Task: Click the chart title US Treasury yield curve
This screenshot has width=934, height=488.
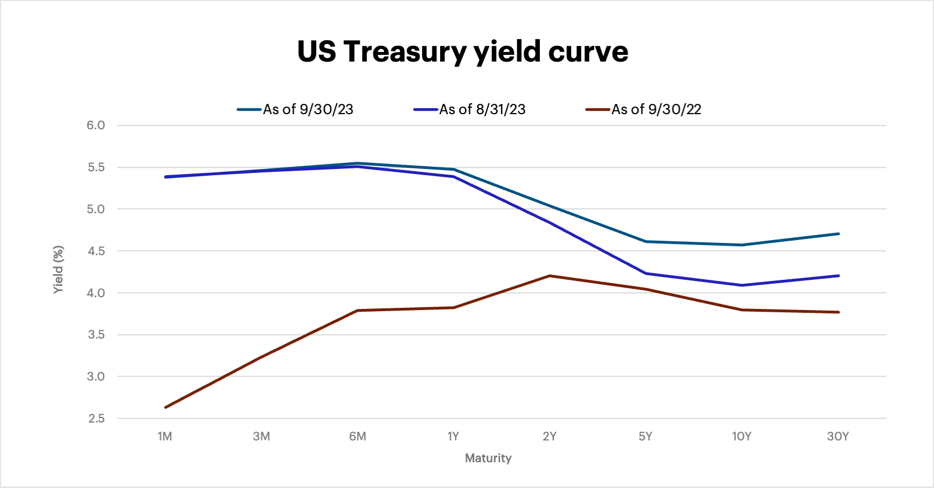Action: [463, 51]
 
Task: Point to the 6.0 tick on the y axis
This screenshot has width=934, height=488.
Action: [96, 125]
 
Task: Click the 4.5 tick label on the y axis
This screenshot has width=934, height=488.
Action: [96, 251]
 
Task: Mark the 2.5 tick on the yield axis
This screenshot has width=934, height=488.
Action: [96, 419]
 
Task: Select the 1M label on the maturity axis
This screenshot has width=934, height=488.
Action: [165, 437]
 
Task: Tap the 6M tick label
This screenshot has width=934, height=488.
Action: [357, 437]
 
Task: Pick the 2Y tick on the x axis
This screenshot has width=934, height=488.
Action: [549, 437]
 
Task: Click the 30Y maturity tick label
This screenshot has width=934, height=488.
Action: [838, 437]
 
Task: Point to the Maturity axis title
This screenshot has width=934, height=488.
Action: [488, 458]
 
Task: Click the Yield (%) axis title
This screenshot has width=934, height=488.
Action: [58, 269]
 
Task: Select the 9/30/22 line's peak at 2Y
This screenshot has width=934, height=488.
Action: [550, 276]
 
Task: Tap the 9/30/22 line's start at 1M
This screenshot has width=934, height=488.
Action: [165, 407]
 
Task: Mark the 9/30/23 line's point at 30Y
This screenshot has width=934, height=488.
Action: [838, 234]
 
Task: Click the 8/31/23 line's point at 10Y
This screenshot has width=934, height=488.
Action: [742, 285]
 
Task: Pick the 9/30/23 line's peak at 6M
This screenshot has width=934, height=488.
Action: [357, 163]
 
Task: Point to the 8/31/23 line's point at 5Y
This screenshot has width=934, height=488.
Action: [646, 274]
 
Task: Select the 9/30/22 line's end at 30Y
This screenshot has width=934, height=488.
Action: [838, 312]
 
